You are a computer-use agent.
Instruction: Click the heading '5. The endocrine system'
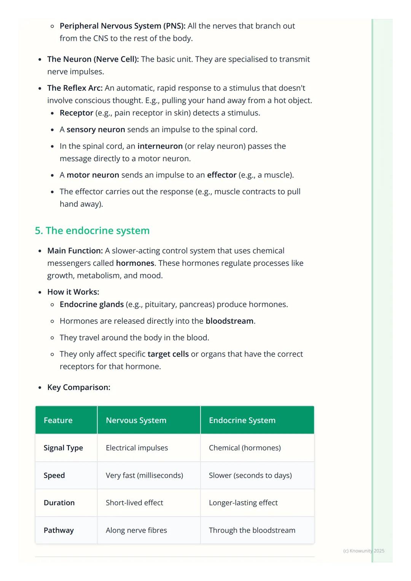click(92, 230)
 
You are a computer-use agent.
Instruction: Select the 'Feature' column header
click(58, 420)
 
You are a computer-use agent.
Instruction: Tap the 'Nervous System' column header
click(136, 420)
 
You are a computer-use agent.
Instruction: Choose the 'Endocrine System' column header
click(242, 420)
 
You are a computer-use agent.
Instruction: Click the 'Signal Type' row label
click(63, 448)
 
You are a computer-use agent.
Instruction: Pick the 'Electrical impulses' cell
click(137, 448)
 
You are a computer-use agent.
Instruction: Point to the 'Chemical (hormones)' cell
click(245, 448)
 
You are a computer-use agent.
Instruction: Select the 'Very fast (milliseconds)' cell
click(144, 475)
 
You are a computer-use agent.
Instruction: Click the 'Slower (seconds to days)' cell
click(250, 475)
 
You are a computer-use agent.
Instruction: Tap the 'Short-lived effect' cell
click(134, 503)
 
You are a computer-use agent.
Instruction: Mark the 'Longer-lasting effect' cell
click(243, 503)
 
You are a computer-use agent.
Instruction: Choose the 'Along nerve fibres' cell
click(136, 530)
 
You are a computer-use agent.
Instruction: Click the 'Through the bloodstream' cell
click(252, 530)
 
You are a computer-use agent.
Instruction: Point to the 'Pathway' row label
click(59, 530)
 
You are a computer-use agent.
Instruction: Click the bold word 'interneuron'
click(160, 146)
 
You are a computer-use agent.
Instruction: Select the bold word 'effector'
click(221, 175)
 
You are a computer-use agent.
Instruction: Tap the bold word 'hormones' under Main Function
click(135, 263)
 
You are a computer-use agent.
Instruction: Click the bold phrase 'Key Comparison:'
click(79, 387)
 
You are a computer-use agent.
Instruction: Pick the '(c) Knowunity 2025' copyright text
click(363, 551)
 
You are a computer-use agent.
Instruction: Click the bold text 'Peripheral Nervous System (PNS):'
click(123, 26)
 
